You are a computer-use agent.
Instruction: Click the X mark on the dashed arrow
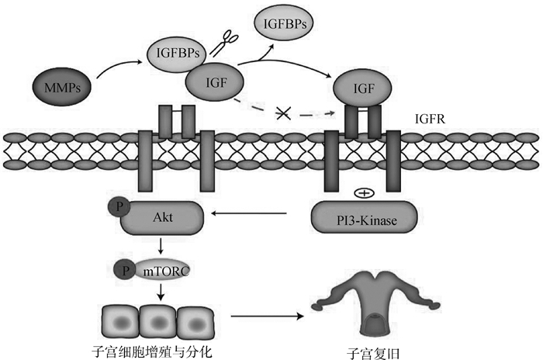click(283, 113)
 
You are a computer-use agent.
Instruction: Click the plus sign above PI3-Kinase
click(362, 192)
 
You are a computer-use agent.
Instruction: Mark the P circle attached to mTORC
click(125, 270)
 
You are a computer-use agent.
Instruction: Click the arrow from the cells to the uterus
click(264, 317)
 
